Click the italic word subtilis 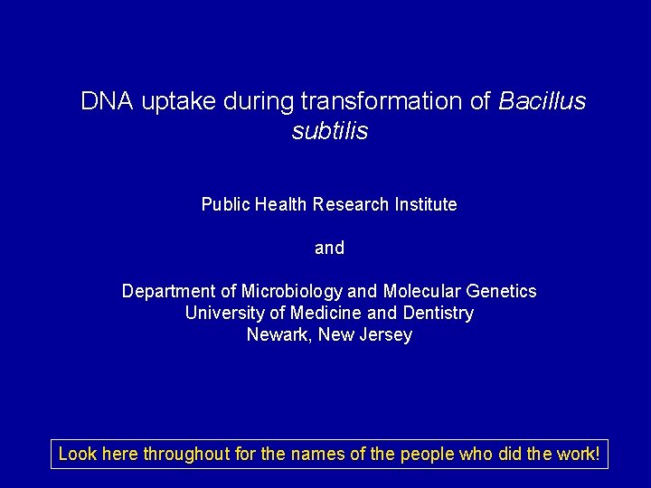330,132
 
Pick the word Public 224,205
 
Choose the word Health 279,205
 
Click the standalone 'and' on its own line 329,248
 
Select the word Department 169,292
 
